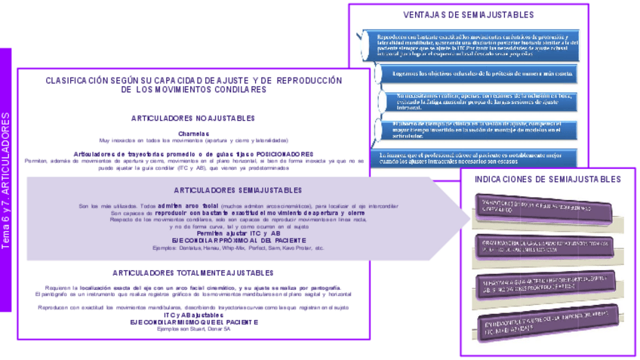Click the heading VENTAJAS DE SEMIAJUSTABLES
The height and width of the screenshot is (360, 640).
[x=468, y=15]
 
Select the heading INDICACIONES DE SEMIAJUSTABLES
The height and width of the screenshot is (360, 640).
[x=548, y=180]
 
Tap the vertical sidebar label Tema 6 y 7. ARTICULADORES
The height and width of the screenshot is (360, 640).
[x=6, y=181]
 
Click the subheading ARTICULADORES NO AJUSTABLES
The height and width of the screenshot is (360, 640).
[x=194, y=118]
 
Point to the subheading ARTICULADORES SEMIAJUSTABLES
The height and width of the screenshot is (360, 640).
[x=238, y=190]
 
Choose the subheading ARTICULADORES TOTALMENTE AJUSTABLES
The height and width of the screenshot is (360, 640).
[x=194, y=273]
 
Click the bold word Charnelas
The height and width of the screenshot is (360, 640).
[x=194, y=133]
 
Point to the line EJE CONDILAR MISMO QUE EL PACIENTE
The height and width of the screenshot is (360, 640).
[x=194, y=322]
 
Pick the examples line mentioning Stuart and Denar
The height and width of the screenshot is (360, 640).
[x=194, y=329]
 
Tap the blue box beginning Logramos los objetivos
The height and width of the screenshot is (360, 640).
[x=480, y=73]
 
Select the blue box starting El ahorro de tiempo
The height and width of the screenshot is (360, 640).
[x=480, y=128]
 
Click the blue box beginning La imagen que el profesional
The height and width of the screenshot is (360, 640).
[x=480, y=158]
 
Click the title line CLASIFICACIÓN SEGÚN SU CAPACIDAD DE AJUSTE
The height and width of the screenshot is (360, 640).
[x=194, y=80]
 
